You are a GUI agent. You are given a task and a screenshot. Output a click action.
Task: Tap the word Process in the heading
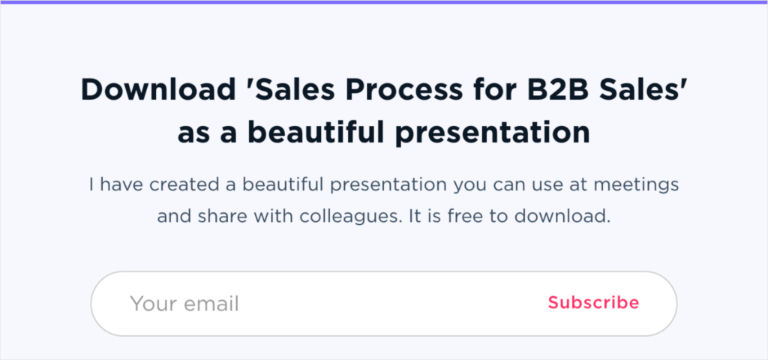tap(412, 91)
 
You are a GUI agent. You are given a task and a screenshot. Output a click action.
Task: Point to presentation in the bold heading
tap(503, 133)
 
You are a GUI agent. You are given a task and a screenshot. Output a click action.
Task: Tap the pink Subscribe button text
tap(593, 303)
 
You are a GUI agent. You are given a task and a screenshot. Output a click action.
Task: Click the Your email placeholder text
tap(184, 304)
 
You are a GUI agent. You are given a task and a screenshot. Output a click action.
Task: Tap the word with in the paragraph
tap(284, 217)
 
